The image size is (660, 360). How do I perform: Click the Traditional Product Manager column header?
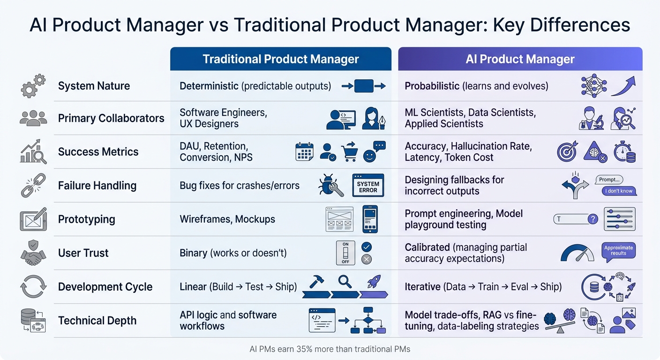[280, 59]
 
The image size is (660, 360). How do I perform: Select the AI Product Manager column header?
[520, 59]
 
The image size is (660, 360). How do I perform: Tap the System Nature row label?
[94, 86]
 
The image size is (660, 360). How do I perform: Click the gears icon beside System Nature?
[33, 86]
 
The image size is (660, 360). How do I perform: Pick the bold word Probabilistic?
[432, 86]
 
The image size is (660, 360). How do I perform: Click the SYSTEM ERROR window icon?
[368, 186]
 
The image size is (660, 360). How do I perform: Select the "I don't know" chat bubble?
[619, 191]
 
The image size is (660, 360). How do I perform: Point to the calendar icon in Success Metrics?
[304, 152]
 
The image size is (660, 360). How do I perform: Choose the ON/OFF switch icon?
[345, 253]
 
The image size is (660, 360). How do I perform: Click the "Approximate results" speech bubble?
[618, 250]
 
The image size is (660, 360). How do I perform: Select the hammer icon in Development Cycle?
[316, 281]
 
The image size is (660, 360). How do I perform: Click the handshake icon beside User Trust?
[33, 253]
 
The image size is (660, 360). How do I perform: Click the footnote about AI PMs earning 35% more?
[330, 349]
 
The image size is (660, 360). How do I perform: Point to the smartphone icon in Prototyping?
[370, 219]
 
